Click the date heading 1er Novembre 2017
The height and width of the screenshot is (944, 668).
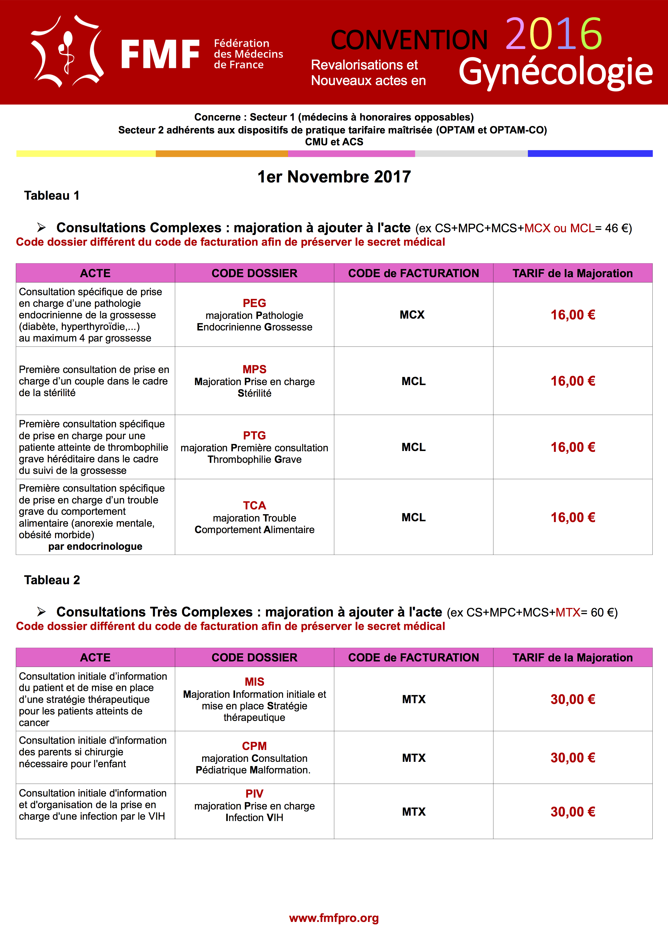point(334,177)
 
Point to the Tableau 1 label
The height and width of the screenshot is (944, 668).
point(51,195)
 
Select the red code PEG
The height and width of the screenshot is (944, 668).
point(254,303)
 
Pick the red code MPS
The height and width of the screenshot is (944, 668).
point(254,369)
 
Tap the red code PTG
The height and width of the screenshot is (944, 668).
point(254,435)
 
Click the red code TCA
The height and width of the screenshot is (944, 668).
point(254,505)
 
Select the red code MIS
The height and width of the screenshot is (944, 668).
point(254,682)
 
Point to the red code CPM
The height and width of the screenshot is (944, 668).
point(254,746)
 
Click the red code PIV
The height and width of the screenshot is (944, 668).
point(254,794)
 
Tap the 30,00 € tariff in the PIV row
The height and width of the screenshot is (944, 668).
point(573,812)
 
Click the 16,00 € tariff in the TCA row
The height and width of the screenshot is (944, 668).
point(573,517)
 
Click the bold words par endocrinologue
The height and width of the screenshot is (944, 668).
point(95,547)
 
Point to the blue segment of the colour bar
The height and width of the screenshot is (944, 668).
point(590,153)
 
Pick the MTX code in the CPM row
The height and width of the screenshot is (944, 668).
point(414,758)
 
